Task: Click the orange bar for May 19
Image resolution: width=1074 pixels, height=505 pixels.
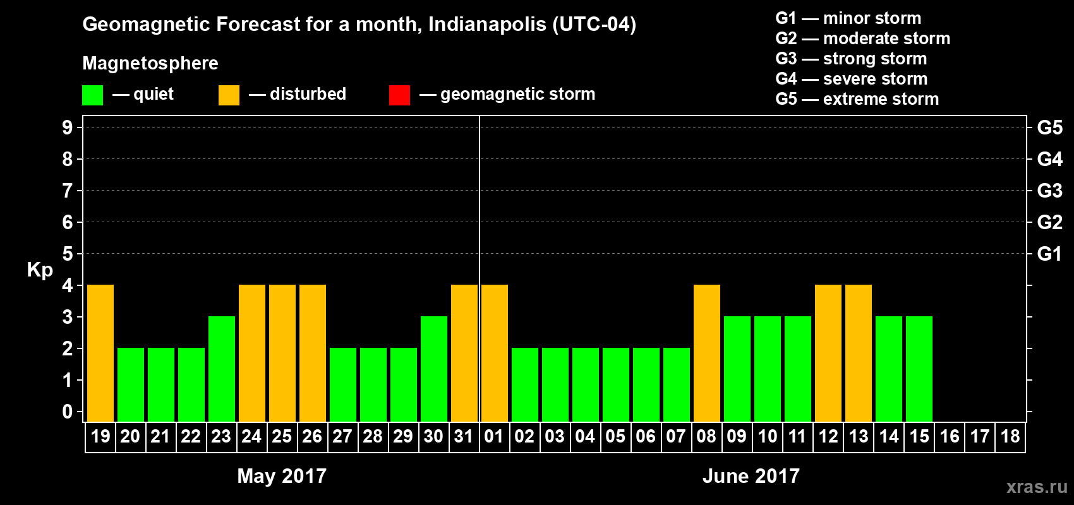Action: (100, 353)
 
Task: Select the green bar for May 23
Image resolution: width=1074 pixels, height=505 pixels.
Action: (222, 369)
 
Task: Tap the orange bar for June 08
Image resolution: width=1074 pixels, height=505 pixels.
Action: (707, 353)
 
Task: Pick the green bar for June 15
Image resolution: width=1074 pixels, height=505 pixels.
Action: (919, 369)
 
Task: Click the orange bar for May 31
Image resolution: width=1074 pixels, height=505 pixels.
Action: (464, 353)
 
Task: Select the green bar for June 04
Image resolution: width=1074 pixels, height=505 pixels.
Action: (586, 384)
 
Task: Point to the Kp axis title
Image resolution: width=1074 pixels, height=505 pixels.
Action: (40, 270)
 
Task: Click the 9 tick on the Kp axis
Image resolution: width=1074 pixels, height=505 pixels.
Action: (68, 128)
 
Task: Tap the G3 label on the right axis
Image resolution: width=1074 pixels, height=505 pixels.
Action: (1049, 191)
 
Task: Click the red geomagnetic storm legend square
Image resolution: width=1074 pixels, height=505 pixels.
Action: (399, 95)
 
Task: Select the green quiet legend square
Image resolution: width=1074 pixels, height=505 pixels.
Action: (93, 95)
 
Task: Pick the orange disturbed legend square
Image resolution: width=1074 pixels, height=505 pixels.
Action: (229, 95)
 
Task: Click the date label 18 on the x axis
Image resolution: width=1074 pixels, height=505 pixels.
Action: (1010, 436)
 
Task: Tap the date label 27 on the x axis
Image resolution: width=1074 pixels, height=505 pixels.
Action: (342, 436)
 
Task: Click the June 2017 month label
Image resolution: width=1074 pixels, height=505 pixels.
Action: (751, 476)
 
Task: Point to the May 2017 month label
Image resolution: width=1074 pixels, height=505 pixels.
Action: (282, 476)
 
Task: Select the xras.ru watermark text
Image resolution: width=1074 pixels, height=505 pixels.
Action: (1036, 487)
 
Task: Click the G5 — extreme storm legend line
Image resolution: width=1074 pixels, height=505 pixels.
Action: (857, 99)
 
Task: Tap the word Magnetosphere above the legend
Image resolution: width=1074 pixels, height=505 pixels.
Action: (150, 63)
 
